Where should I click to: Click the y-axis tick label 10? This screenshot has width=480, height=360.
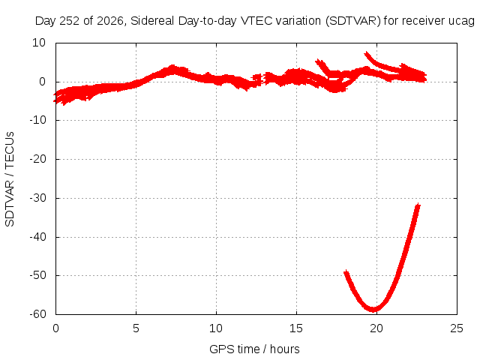click(x=39, y=43)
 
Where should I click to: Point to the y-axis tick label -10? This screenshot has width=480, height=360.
click(x=37, y=120)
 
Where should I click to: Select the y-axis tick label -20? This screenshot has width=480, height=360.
click(x=37, y=159)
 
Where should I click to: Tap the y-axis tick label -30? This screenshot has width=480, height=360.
click(x=37, y=198)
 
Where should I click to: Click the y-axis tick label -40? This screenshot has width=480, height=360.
click(x=37, y=237)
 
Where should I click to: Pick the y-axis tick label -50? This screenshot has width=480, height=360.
click(x=37, y=275)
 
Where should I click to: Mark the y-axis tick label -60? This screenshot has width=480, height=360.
click(x=37, y=314)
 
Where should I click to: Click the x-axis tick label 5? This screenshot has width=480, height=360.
click(x=136, y=328)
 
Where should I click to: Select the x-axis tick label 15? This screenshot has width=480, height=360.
click(x=296, y=328)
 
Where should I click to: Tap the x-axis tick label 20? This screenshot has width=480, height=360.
click(x=376, y=328)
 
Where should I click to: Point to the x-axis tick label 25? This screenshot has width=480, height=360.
click(x=457, y=328)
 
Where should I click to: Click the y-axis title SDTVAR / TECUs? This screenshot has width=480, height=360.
click(x=10, y=179)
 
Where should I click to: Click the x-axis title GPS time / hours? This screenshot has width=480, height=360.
click(x=254, y=349)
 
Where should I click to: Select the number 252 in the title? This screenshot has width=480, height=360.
click(x=70, y=21)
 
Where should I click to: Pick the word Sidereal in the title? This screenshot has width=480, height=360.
click(x=152, y=21)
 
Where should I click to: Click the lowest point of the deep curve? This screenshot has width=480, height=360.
click(x=373, y=310)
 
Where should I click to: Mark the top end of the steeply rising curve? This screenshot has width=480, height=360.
click(x=418, y=205)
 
